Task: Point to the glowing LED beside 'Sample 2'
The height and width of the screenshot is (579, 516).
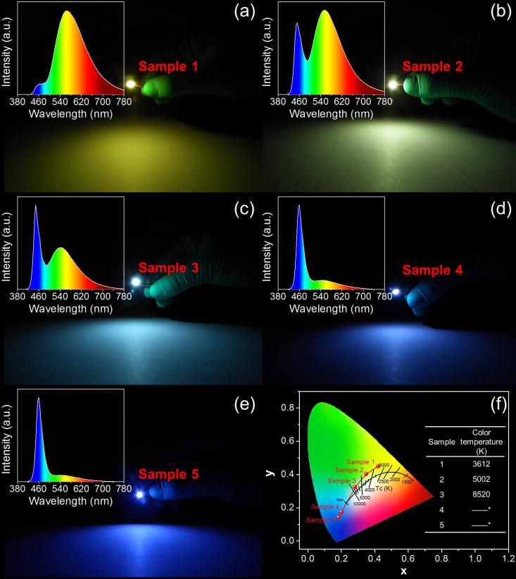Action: coord(392,85)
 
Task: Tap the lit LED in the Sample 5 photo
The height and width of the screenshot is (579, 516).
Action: coord(139,494)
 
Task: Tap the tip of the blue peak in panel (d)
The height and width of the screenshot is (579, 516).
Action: coord(299,206)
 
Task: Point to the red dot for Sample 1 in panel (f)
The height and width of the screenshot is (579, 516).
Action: coord(379,466)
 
